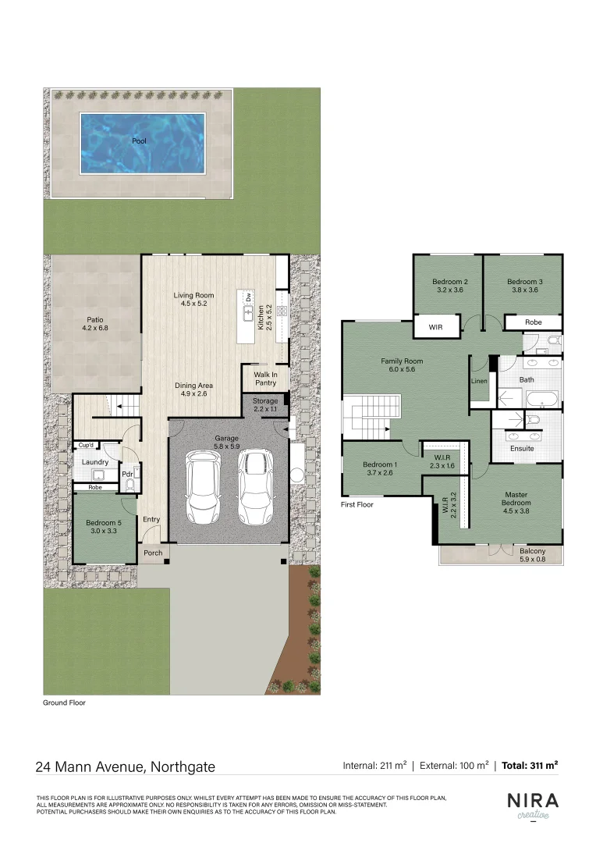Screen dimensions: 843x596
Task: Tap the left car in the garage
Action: click(202, 489)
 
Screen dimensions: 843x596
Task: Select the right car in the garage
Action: click(254, 488)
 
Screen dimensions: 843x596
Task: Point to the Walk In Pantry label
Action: click(265, 379)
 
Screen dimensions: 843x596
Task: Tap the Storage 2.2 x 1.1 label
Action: click(265, 405)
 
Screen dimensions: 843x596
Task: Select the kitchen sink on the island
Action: click(249, 313)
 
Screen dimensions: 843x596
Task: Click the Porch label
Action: click(154, 553)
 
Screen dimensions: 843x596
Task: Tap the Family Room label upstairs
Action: click(402, 365)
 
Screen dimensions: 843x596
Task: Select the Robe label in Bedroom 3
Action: click(534, 322)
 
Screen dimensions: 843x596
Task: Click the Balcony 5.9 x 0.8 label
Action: click(534, 556)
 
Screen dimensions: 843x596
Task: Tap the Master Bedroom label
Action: click(516, 499)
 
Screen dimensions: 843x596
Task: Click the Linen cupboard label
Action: click(479, 382)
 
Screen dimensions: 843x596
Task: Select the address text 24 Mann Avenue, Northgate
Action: click(125, 767)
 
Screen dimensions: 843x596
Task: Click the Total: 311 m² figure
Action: click(530, 766)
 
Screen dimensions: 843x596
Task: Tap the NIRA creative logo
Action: click(534, 806)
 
